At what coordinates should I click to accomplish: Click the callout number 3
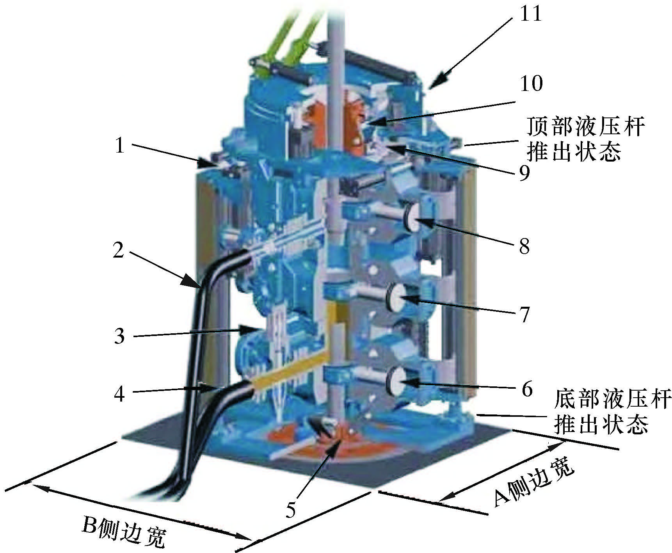(x=119, y=336)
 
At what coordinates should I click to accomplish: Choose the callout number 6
(x=527, y=389)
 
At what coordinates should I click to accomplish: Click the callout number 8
(x=524, y=246)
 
